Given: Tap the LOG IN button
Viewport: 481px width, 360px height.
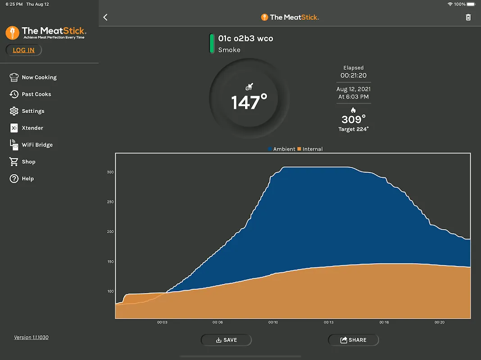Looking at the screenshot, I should [x=23, y=50].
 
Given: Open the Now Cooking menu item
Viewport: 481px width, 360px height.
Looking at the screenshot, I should [x=39, y=77].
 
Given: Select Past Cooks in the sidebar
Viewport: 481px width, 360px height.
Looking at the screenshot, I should [x=36, y=94].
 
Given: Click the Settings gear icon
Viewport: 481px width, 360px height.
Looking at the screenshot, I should [x=14, y=111].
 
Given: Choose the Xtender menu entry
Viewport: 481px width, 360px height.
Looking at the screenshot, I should [x=32, y=128].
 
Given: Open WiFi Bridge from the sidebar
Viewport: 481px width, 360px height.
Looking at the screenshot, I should [x=37, y=145].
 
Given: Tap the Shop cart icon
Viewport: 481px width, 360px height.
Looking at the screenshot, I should [x=14, y=162].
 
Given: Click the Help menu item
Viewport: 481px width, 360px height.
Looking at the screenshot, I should [x=27, y=179].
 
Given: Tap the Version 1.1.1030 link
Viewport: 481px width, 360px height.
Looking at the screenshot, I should [x=32, y=337].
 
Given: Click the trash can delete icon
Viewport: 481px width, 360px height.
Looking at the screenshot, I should [x=468, y=17].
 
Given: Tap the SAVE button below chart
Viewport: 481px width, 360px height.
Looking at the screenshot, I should [x=226, y=340].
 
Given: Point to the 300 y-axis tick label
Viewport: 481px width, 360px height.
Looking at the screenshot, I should [x=110, y=172].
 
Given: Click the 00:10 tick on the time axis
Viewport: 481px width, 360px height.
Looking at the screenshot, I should [x=273, y=322].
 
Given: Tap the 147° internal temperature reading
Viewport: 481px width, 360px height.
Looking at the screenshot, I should [x=249, y=103].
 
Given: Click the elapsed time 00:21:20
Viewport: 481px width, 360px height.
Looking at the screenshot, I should [x=354, y=75].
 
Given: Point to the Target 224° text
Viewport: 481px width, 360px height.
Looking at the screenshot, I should [x=354, y=129].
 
